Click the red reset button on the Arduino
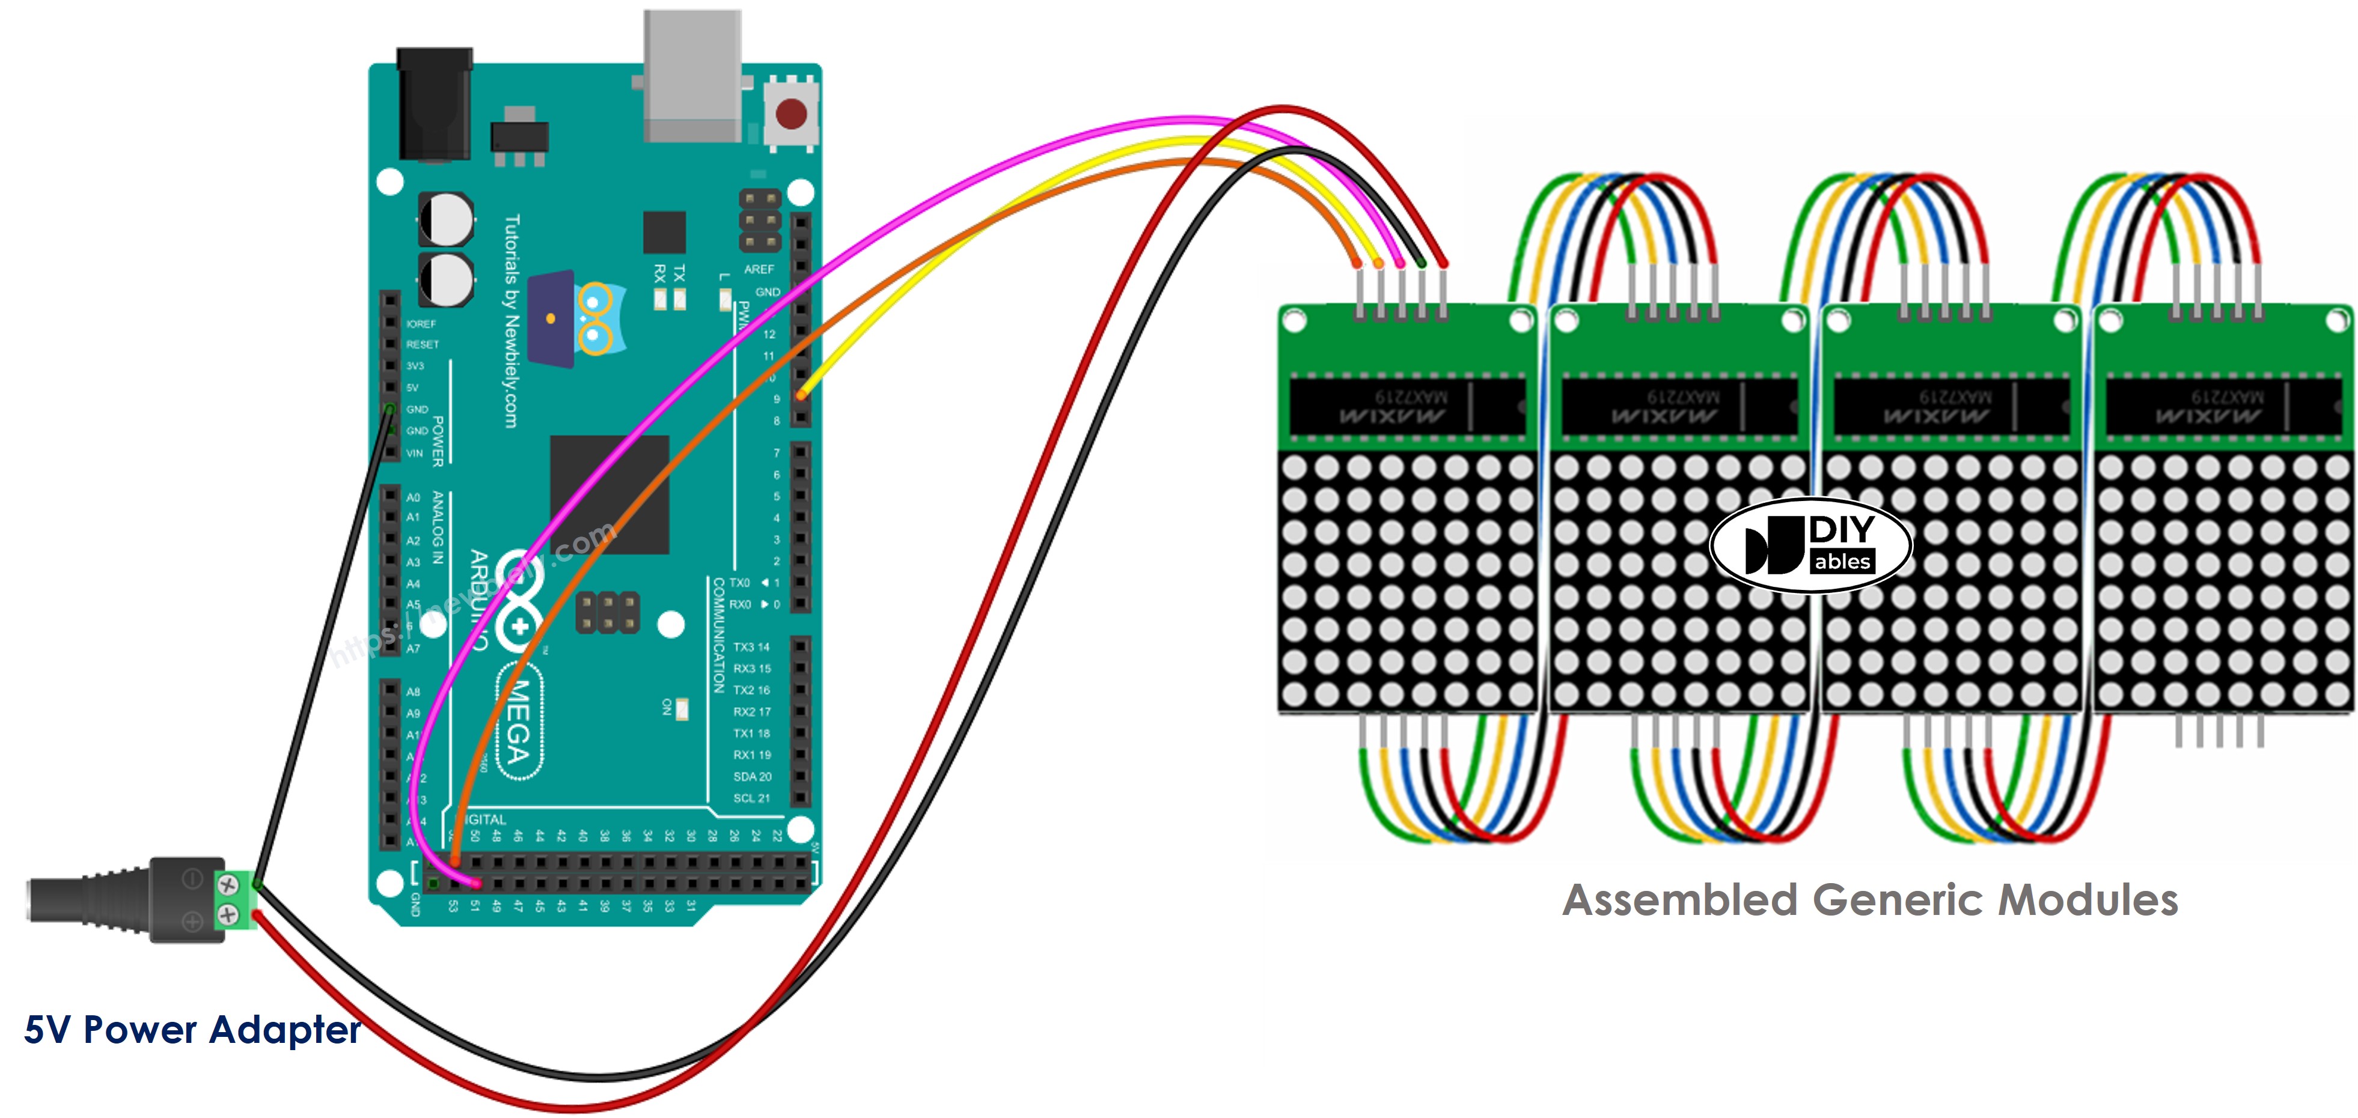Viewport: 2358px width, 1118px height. tap(791, 114)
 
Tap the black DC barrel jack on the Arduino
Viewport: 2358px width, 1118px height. tap(435, 105)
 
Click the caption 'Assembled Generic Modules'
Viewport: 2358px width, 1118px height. tap(1869, 899)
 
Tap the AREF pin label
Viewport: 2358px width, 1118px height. tap(759, 269)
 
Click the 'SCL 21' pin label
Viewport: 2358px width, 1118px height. tap(751, 798)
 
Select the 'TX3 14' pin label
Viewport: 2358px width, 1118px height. tap(751, 647)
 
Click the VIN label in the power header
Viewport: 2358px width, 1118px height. tap(415, 453)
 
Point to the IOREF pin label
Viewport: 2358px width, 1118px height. tap(421, 324)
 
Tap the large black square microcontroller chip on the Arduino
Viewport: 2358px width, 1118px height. tap(609, 494)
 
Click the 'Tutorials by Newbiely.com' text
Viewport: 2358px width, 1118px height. tap(512, 320)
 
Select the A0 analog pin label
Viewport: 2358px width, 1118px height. tap(413, 497)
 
